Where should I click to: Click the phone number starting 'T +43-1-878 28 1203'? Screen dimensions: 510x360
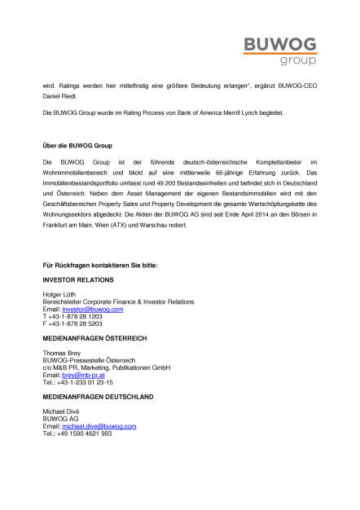(x=72, y=317)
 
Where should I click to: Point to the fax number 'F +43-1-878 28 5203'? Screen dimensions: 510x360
(x=72, y=324)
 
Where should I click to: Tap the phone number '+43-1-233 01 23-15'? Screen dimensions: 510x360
(x=85, y=382)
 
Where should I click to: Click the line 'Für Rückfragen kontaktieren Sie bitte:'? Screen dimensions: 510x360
(x=99, y=266)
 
